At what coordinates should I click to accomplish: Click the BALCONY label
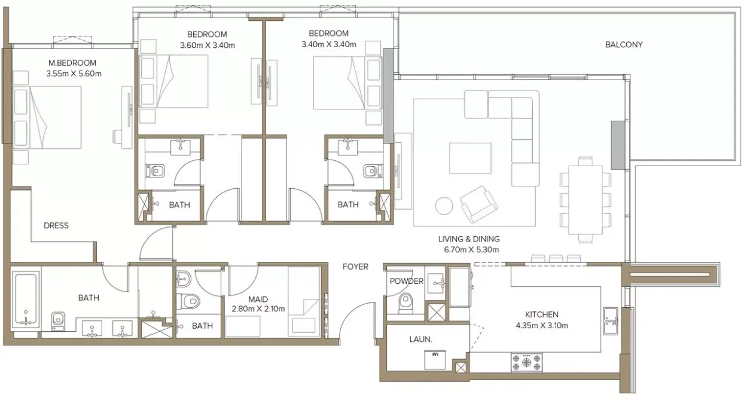click(624, 45)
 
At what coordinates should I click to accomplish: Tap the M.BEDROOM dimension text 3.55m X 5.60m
click(74, 74)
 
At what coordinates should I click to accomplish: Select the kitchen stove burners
click(526, 362)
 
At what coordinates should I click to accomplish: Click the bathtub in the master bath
click(26, 300)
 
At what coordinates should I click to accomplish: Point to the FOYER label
click(355, 267)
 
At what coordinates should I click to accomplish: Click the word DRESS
click(56, 226)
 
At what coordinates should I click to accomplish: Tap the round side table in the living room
click(444, 206)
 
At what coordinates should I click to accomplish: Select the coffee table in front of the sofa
click(470, 158)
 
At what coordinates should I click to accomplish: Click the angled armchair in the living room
click(479, 204)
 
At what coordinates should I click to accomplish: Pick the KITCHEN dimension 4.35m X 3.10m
click(542, 326)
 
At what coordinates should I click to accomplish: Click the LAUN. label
click(420, 339)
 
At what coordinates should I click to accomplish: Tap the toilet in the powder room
click(406, 303)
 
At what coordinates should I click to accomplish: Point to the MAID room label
click(258, 299)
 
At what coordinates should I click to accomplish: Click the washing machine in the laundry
click(435, 360)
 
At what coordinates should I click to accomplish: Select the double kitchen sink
click(611, 321)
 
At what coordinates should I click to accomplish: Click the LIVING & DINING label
click(469, 239)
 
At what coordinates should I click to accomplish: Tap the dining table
click(586, 200)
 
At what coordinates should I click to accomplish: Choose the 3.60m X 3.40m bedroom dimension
click(208, 45)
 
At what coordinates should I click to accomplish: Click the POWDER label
click(407, 281)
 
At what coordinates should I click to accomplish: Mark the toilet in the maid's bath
click(188, 301)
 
